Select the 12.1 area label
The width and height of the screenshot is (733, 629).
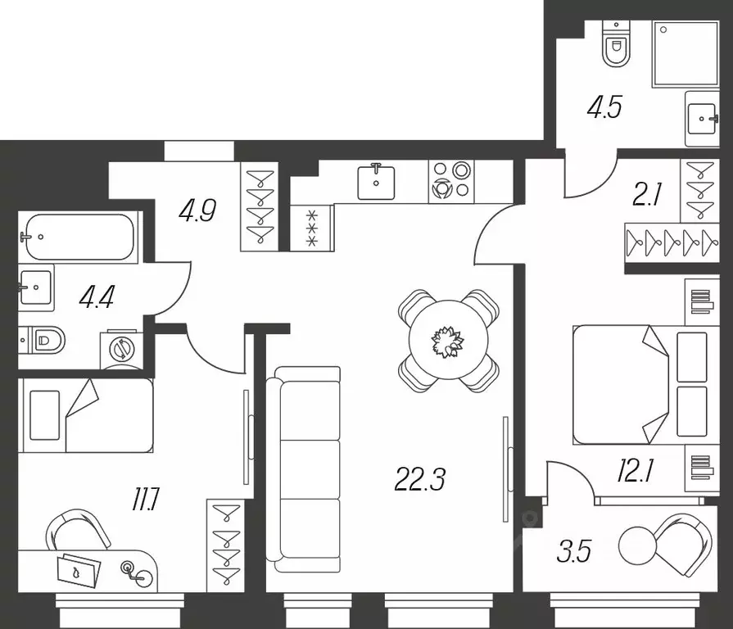[x=636, y=472]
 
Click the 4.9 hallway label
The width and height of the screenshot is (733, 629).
[x=197, y=211]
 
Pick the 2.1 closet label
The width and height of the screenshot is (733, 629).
[x=647, y=195]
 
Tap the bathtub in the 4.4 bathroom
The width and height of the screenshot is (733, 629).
[x=76, y=237]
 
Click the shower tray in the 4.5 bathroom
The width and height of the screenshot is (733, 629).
[x=685, y=53]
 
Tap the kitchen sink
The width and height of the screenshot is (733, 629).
[x=376, y=181]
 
